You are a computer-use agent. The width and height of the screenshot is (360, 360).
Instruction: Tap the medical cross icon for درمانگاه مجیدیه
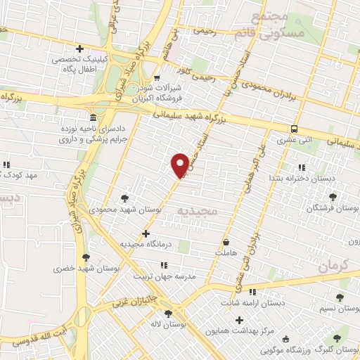pyautogui.click(x=146, y=233)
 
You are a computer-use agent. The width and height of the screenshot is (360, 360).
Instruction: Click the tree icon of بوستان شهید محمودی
pyautogui.click(x=125, y=199)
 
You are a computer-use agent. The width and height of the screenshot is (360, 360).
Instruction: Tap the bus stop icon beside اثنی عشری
pyautogui.click(x=294, y=129)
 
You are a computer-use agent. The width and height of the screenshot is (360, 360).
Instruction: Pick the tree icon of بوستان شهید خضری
pyautogui.click(x=86, y=257)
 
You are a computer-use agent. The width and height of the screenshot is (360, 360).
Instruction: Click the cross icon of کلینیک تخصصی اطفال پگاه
pyautogui.click(x=80, y=49)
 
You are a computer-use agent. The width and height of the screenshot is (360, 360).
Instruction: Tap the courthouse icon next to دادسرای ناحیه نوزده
pyautogui.click(x=94, y=117)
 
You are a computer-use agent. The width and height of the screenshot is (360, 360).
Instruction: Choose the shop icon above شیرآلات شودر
pyautogui.click(x=157, y=78)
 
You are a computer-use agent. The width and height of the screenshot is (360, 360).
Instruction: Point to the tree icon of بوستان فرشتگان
pyautogui.click(x=333, y=198)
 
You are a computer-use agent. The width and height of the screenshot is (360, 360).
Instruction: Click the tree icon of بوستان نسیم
pyautogui.click(x=340, y=298)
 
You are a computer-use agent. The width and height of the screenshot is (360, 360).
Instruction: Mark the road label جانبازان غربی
pyautogui.click(x=135, y=303)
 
